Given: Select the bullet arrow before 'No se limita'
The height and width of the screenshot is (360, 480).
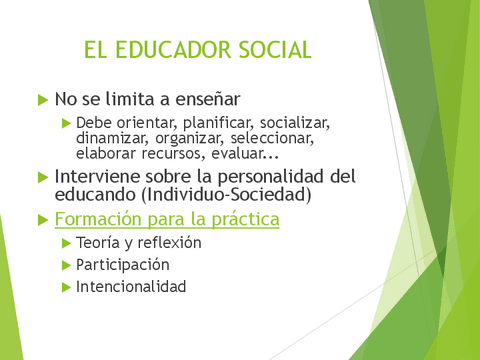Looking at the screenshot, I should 42,100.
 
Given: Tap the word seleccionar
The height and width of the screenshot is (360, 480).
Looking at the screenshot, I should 281,139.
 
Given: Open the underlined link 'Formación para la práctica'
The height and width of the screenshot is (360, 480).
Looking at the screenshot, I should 166,218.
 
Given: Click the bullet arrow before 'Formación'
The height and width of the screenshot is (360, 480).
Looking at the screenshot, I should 42,219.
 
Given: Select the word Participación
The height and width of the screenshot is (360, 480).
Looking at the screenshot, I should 122,265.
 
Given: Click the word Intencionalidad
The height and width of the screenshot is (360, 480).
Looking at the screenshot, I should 131,287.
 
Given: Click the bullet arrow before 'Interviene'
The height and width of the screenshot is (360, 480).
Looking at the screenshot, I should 42,177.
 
